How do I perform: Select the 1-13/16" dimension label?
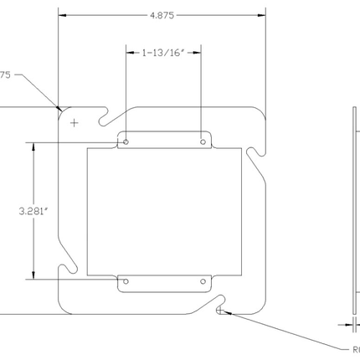[162, 53]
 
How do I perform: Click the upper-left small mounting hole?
[125, 143]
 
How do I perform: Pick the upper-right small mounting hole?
[202, 143]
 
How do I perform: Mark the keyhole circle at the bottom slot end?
[219, 311]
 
